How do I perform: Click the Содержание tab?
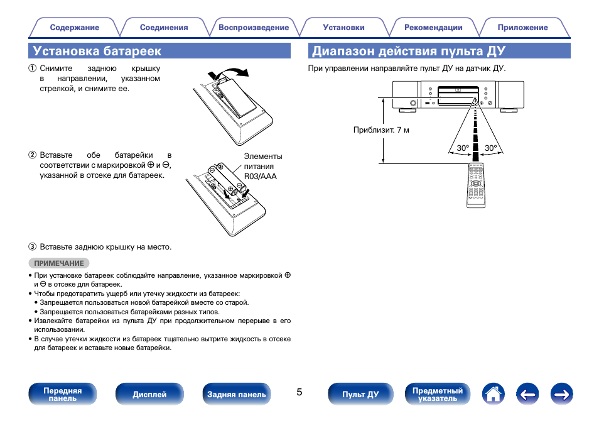[74, 28]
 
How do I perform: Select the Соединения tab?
[164, 28]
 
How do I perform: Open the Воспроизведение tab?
[254, 28]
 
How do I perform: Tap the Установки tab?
[343, 28]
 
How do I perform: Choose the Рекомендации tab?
[433, 28]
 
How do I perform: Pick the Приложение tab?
[522, 28]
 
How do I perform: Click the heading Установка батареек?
[97, 51]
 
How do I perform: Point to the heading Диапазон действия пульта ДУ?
[409, 51]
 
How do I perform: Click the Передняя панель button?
[62, 394]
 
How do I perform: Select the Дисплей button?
[149, 394]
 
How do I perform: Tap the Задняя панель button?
[237, 394]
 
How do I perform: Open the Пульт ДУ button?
[360, 394]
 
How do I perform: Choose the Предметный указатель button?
[438, 394]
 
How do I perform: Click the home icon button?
[494, 394]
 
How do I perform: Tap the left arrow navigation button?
[528, 394]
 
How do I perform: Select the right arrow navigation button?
[562, 394]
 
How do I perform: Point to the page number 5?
[299, 392]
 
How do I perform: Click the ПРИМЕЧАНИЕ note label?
[59, 263]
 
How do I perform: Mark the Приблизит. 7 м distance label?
[381, 131]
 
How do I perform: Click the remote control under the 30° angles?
[478, 185]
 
